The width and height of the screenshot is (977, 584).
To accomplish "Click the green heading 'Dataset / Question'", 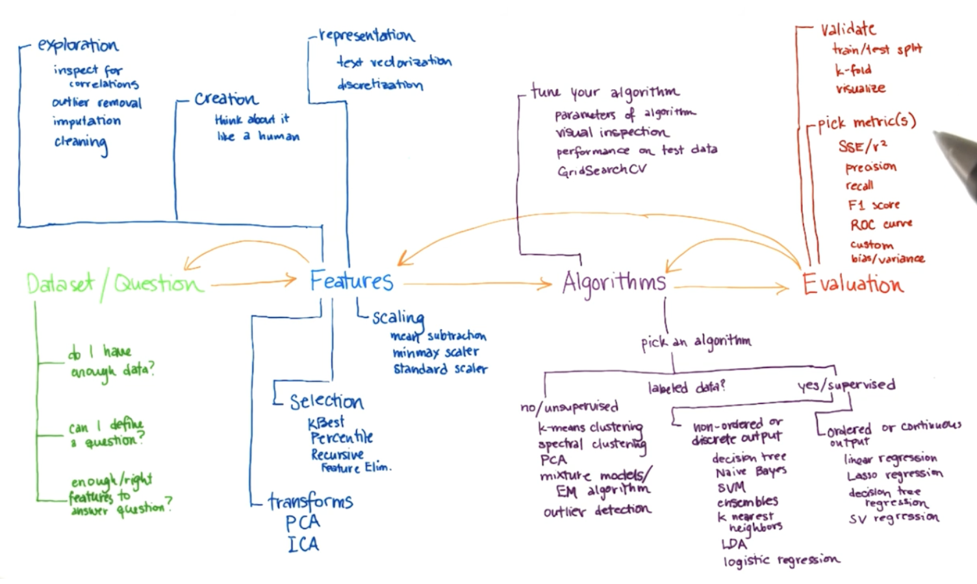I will pos(114,284).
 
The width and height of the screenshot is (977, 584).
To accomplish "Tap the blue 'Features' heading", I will pos(351,281).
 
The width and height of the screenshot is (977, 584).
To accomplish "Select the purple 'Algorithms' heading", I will pos(614,283).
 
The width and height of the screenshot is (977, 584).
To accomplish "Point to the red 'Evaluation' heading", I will pos(852,284).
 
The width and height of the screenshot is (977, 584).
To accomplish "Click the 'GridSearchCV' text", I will pos(602,170).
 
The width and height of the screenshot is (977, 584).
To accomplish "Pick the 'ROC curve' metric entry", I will pos(881,224).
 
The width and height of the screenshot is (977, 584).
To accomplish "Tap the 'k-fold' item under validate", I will pos(853,70).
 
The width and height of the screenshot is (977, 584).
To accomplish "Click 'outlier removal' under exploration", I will pos(97,103).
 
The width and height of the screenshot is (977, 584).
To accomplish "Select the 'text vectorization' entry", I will pos(394,62).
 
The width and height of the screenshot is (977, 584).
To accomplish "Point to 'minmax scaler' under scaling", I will pos(435,352).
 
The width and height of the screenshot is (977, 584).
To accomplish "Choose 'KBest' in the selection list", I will pos(326,423).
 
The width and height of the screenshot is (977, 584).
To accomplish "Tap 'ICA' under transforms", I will pos(303,544).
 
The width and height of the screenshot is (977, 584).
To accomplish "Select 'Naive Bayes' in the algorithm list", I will pos(750,471).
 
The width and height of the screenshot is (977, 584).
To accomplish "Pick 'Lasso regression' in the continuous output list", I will pos(895,475).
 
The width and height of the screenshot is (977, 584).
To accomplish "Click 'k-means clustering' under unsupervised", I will pos(590,427).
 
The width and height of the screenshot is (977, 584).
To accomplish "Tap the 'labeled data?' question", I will pos(686,388).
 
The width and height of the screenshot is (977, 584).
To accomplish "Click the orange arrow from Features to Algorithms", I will pos(477,284).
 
